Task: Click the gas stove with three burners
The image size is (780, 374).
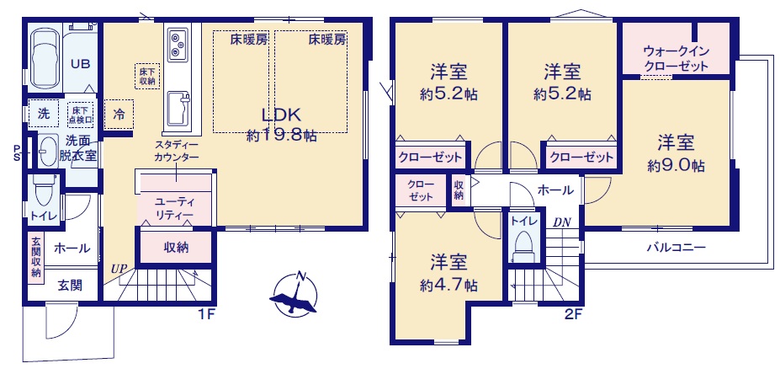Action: point(178,45)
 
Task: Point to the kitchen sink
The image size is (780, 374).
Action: point(178,108)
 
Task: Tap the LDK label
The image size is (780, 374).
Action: point(281,115)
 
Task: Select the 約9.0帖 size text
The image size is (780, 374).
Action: point(676,166)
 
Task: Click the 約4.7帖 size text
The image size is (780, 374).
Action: point(448,285)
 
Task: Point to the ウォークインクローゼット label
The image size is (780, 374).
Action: point(676,58)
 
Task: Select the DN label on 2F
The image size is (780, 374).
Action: point(562,222)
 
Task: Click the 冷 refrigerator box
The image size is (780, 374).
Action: point(119,115)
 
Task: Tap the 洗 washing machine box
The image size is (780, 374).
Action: point(44,114)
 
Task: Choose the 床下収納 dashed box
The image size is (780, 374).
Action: point(147,76)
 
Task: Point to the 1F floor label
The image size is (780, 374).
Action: point(205,315)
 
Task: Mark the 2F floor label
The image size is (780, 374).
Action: point(573,315)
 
